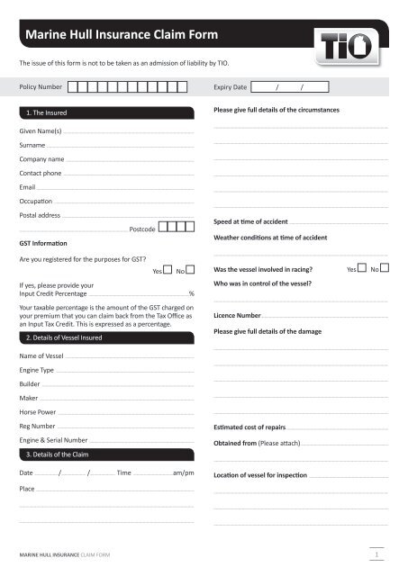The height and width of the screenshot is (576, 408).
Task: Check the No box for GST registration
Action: click(x=190, y=270)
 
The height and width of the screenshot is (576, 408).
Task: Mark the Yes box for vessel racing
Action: click(x=362, y=268)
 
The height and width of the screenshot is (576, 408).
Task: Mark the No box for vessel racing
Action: click(x=385, y=268)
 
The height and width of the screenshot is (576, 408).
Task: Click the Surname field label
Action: click(x=32, y=145)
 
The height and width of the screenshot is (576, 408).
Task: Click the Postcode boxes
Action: click(x=177, y=229)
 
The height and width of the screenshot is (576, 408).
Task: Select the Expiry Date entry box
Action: click(x=289, y=87)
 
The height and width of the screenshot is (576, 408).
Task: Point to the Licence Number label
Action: click(x=237, y=316)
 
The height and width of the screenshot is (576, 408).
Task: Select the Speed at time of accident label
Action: click(x=250, y=221)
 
